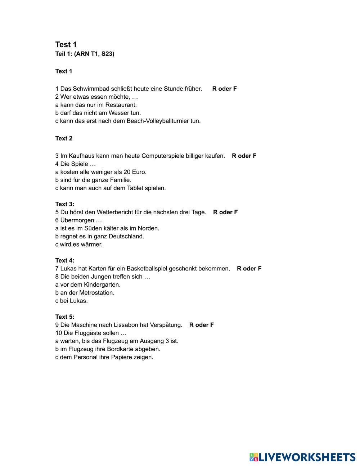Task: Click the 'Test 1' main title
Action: point(66,45)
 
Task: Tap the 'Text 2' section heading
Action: point(64,138)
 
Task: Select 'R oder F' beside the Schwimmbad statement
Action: point(224,89)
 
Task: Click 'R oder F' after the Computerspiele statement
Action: point(244,156)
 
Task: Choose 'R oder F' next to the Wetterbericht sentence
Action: point(225,212)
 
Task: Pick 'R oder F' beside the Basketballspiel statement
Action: point(249,269)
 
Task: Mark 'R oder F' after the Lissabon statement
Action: point(201,325)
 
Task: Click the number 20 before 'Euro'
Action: point(128,172)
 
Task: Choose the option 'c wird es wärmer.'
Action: point(79,245)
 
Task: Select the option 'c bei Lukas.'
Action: point(72,301)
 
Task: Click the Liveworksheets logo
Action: point(302,457)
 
